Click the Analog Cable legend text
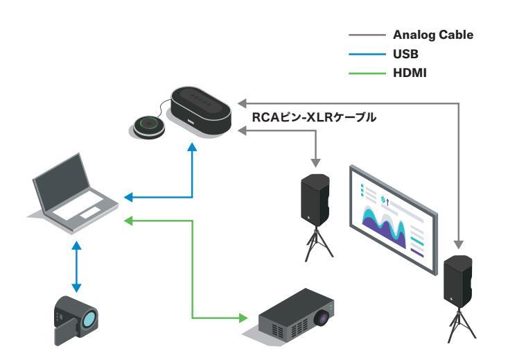(433, 34)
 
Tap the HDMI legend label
(409, 68)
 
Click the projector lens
(321, 319)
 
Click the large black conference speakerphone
(201, 110)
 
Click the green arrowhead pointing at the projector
(243, 319)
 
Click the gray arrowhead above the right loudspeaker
(458, 243)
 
